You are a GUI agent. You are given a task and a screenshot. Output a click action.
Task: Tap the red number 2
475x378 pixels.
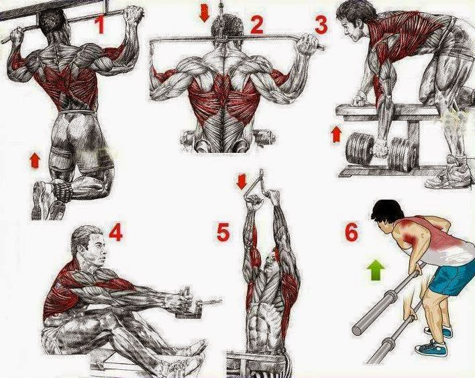[x=256, y=24]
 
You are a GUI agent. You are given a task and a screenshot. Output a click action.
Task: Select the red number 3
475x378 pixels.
[x=321, y=24]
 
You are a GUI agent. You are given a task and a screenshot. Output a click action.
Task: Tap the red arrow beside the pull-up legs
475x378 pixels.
[x=35, y=160]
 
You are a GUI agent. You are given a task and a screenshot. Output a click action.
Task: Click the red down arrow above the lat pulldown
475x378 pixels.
[x=205, y=14]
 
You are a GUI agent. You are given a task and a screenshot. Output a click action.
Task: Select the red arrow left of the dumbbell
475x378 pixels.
[x=335, y=135]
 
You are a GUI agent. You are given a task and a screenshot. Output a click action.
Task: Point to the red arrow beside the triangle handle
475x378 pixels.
[x=242, y=182]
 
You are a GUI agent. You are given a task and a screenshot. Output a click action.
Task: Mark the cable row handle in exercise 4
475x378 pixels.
[x=189, y=303]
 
